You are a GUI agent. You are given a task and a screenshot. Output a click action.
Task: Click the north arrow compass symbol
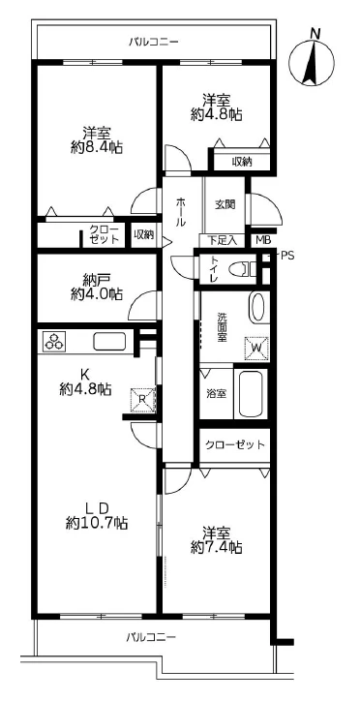click(313, 64)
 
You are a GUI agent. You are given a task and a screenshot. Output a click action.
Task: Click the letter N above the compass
click(314, 33)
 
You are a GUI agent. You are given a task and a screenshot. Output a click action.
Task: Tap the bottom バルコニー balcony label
click(151, 637)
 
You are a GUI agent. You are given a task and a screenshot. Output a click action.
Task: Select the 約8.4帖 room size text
click(97, 147)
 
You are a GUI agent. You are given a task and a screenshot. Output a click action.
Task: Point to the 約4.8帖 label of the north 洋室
click(216, 113)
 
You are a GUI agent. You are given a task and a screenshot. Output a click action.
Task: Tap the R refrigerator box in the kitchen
click(142, 397)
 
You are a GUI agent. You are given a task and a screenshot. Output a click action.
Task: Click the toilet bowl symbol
click(244, 269)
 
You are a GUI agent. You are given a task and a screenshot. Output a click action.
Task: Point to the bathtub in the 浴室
click(250, 393)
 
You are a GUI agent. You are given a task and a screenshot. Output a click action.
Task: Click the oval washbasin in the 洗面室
click(256, 308)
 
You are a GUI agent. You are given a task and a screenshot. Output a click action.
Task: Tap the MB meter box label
click(263, 240)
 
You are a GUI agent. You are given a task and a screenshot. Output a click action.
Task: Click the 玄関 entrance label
click(225, 204)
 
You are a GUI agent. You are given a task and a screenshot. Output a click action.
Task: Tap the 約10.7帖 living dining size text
click(97, 523)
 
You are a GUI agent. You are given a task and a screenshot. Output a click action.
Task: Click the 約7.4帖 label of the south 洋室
click(216, 547)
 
